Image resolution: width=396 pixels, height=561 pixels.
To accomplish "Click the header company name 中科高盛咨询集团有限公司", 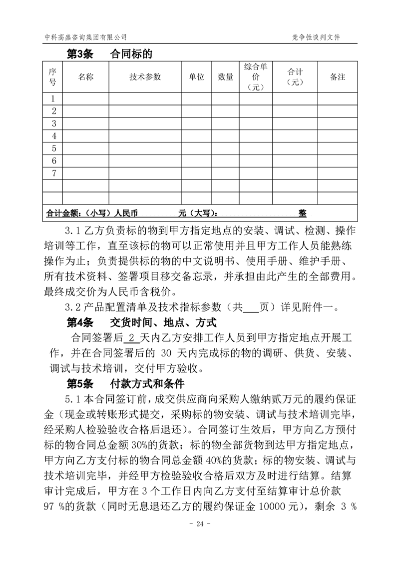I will (x=85, y=37).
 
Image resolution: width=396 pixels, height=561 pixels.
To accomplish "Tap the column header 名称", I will (x=86, y=77).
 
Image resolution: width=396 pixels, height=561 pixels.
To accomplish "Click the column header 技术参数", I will (x=145, y=77).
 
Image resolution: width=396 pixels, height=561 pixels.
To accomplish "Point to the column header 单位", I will (x=196, y=77).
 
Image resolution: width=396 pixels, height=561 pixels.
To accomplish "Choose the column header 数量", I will (x=226, y=77).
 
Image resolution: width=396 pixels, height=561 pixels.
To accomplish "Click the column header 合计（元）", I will (x=296, y=77).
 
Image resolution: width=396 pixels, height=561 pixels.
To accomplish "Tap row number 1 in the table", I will (x=54, y=98).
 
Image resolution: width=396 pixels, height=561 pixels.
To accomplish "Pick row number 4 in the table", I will (x=54, y=136).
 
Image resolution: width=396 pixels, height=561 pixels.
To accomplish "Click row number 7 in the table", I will (x=54, y=173).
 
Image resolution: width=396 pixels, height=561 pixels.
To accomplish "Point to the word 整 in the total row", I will (x=303, y=212).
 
